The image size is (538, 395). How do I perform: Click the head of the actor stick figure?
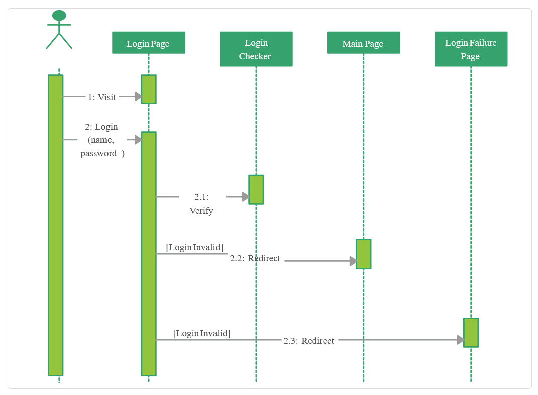coord(59,16)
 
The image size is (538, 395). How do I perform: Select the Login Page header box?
coord(148,43)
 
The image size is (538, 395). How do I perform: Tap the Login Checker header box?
coord(256,49)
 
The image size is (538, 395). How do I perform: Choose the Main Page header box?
coord(363,43)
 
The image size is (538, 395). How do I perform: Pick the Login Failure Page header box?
coord(471,49)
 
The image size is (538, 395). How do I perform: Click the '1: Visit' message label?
coord(102,97)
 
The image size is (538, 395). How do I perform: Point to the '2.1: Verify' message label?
coord(201,204)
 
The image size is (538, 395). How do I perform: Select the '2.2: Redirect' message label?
coord(255,259)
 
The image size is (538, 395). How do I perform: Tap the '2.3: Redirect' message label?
coord(309,341)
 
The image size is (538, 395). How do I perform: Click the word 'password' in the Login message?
coord(98,154)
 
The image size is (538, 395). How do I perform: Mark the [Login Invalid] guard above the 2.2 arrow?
coord(194,247)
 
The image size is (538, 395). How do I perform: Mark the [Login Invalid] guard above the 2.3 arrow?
coord(202,333)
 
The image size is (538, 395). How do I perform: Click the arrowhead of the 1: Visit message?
coord(138,97)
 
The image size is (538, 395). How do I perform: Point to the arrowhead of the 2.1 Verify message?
coord(245,197)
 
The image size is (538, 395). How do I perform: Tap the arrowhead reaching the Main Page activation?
coord(353,261)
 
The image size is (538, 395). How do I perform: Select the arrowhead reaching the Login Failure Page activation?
coord(460,340)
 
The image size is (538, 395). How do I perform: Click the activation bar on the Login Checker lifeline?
coord(256,189)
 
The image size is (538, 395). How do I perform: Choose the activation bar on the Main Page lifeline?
coord(363,253)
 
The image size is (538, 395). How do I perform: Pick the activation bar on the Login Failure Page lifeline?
coord(471,332)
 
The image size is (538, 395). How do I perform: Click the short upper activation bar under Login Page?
coord(148,89)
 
